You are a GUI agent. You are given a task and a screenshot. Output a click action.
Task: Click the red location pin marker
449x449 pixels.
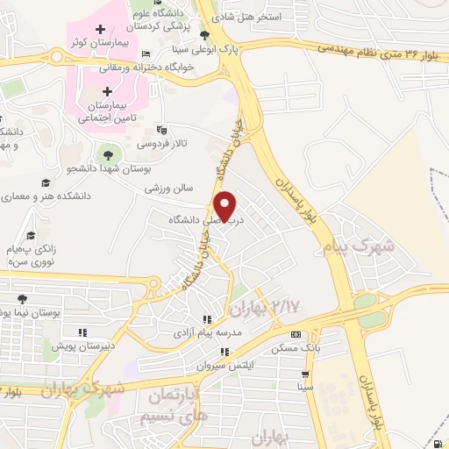pyautogui.click(x=226, y=205)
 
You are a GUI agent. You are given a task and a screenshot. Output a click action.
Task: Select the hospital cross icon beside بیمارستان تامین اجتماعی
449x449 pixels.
pyautogui.click(x=107, y=90)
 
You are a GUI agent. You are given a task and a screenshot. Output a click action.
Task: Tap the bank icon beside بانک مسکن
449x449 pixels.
pyautogui.click(x=295, y=334)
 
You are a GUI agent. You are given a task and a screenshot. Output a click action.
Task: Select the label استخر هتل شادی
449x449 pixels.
pyautogui.click(x=255, y=17)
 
